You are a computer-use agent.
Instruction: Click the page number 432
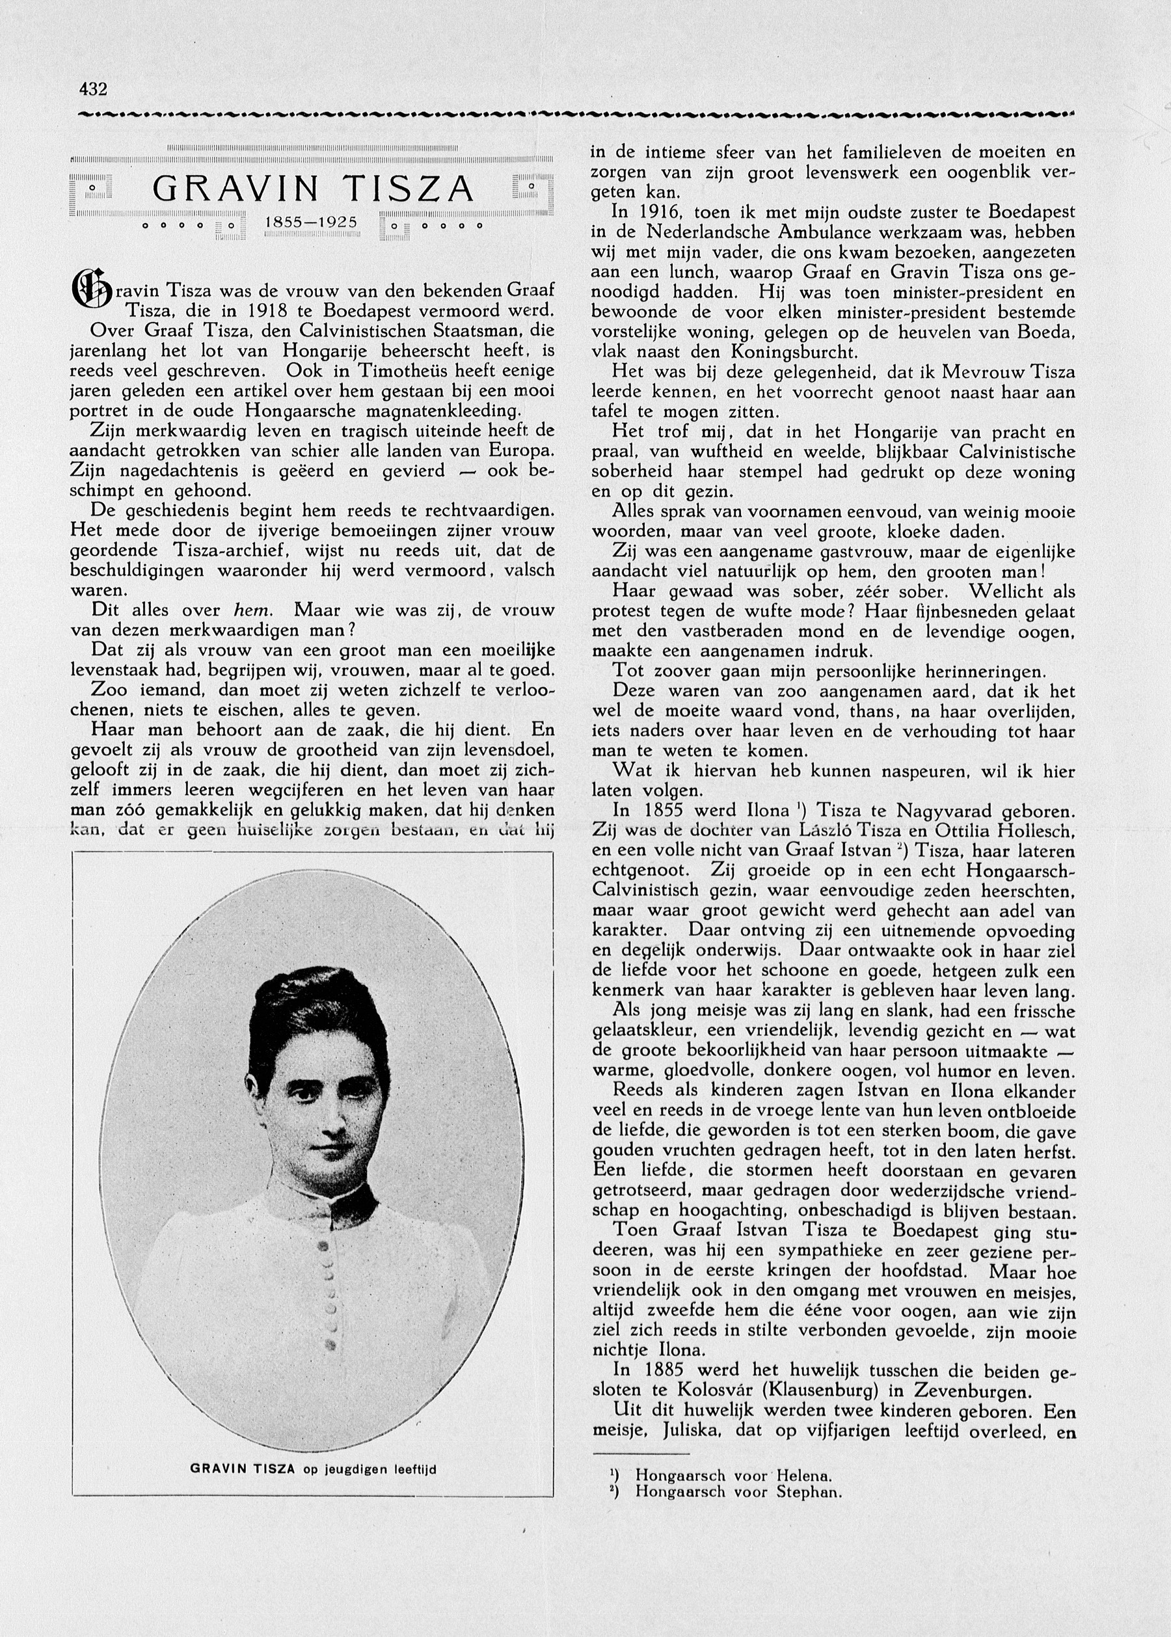(x=93, y=89)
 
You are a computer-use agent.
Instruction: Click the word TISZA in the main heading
(x=408, y=189)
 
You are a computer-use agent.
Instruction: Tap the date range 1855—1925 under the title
(x=312, y=223)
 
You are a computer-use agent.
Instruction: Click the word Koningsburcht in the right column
(x=794, y=353)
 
